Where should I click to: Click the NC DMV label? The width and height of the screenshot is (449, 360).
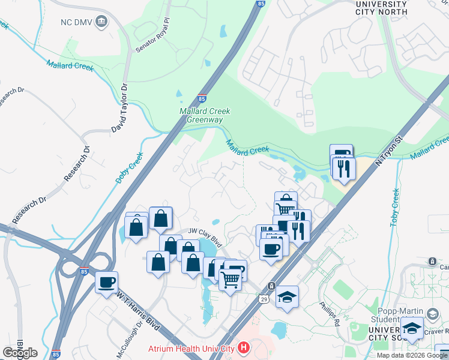pos(77,22)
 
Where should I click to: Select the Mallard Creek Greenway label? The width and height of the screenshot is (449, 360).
pos(202,115)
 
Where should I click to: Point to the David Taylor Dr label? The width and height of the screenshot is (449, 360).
pos(120,108)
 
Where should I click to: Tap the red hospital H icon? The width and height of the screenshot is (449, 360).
pos(243,347)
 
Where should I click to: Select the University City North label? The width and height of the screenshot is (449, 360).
pos(381,8)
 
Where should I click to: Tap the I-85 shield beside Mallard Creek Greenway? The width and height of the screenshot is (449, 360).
pos(202,98)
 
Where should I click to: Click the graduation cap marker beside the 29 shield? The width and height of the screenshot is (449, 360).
pos(287,296)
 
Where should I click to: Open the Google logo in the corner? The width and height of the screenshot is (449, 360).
pos(20,352)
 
